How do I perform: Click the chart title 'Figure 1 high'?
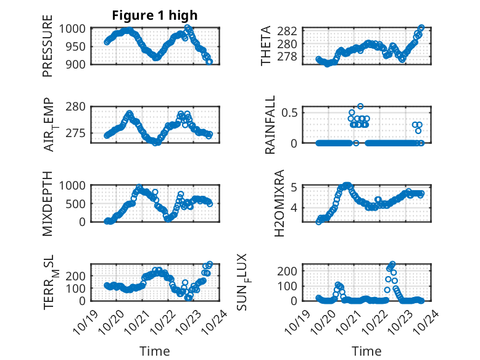coord(155,15)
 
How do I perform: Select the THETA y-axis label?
coord(267,46)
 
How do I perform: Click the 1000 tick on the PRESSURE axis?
coord(75,28)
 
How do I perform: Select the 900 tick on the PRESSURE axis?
coord(78,64)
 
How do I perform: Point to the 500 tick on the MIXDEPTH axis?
coord(78,204)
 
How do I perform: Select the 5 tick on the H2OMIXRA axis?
coord(295,187)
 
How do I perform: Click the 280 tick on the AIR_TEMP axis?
coord(78,107)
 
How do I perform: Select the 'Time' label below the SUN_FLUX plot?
coord(366,351)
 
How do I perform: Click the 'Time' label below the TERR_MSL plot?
coord(154,351)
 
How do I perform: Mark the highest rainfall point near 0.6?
coord(360,106)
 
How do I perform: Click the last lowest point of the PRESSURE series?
coord(209,62)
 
